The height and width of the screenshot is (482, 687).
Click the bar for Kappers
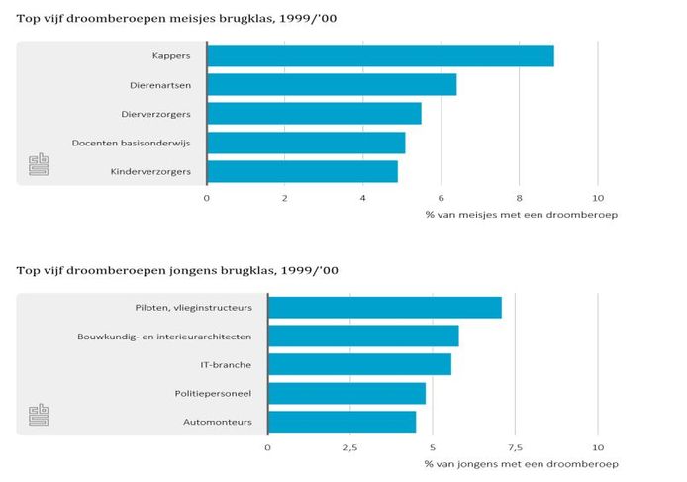tap(380, 55)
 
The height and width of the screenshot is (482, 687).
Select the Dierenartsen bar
tap(332, 85)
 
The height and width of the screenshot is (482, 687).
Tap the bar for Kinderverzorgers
tap(302, 172)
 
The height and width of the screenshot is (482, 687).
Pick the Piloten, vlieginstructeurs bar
tap(385, 308)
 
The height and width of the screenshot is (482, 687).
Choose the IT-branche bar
tap(359, 365)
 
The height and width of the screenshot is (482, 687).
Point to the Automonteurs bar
tap(342, 423)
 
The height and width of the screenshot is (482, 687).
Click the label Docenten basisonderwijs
tap(132, 144)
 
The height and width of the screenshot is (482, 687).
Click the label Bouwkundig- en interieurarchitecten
tap(164, 337)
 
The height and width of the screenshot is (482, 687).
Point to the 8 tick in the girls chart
tap(520, 199)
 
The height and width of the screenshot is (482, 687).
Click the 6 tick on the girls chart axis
tap(442, 199)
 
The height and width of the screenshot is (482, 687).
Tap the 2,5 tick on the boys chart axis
tap(350, 448)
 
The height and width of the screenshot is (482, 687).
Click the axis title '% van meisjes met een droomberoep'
tap(521, 215)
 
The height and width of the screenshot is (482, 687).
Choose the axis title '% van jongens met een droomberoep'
tap(521, 464)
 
